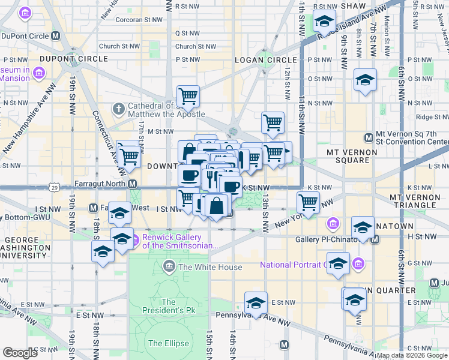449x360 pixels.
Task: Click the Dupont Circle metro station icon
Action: click(x=56, y=36)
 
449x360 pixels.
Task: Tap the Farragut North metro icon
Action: click(x=132, y=184)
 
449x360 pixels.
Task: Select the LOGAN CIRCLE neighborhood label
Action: click(x=265, y=60)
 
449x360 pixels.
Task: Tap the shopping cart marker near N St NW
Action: click(x=188, y=95)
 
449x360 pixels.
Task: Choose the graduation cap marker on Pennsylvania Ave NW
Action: click(x=256, y=303)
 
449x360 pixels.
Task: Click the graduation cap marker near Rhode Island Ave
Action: click(x=324, y=22)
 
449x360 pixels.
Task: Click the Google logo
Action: click(x=20, y=353)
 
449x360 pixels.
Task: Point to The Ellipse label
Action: click(x=169, y=344)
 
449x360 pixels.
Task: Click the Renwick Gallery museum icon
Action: click(x=136, y=237)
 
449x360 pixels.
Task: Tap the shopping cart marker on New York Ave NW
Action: click(x=308, y=202)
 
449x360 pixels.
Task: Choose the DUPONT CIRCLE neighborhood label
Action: click(x=74, y=59)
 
